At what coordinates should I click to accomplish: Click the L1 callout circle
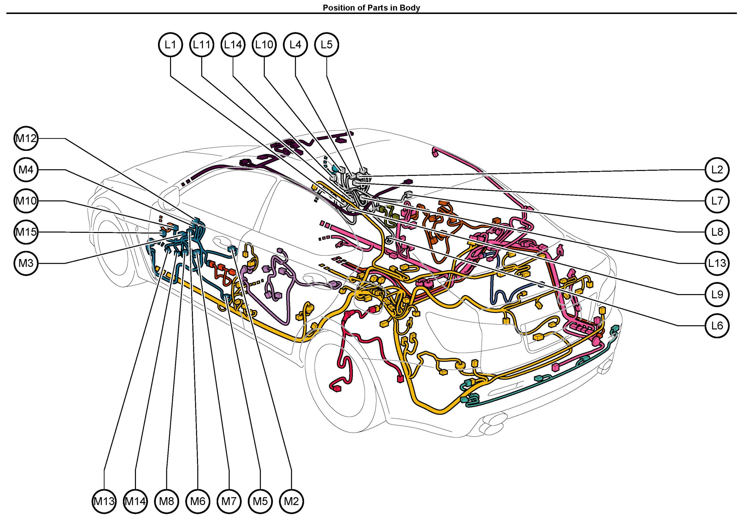coord(170,44)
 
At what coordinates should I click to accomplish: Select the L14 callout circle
coord(233,44)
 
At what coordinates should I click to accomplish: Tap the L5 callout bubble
coord(327,44)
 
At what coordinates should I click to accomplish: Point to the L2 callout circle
coord(717,169)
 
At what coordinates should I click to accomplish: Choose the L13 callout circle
coord(717,263)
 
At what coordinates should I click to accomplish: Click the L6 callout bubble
coord(717,325)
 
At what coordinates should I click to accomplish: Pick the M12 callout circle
coord(26,138)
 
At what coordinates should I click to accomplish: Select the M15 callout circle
coord(26,232)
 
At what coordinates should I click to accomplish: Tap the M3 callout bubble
coord(26,263)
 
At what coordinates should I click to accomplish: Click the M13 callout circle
coord(104,501)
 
